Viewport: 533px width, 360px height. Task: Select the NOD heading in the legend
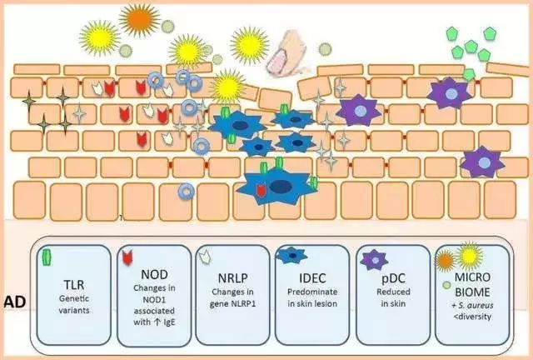(153, 276)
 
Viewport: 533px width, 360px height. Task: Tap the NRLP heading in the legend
(233, 277)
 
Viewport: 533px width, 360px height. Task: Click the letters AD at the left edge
(13, 300)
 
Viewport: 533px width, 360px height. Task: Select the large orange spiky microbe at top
(138, 17)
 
